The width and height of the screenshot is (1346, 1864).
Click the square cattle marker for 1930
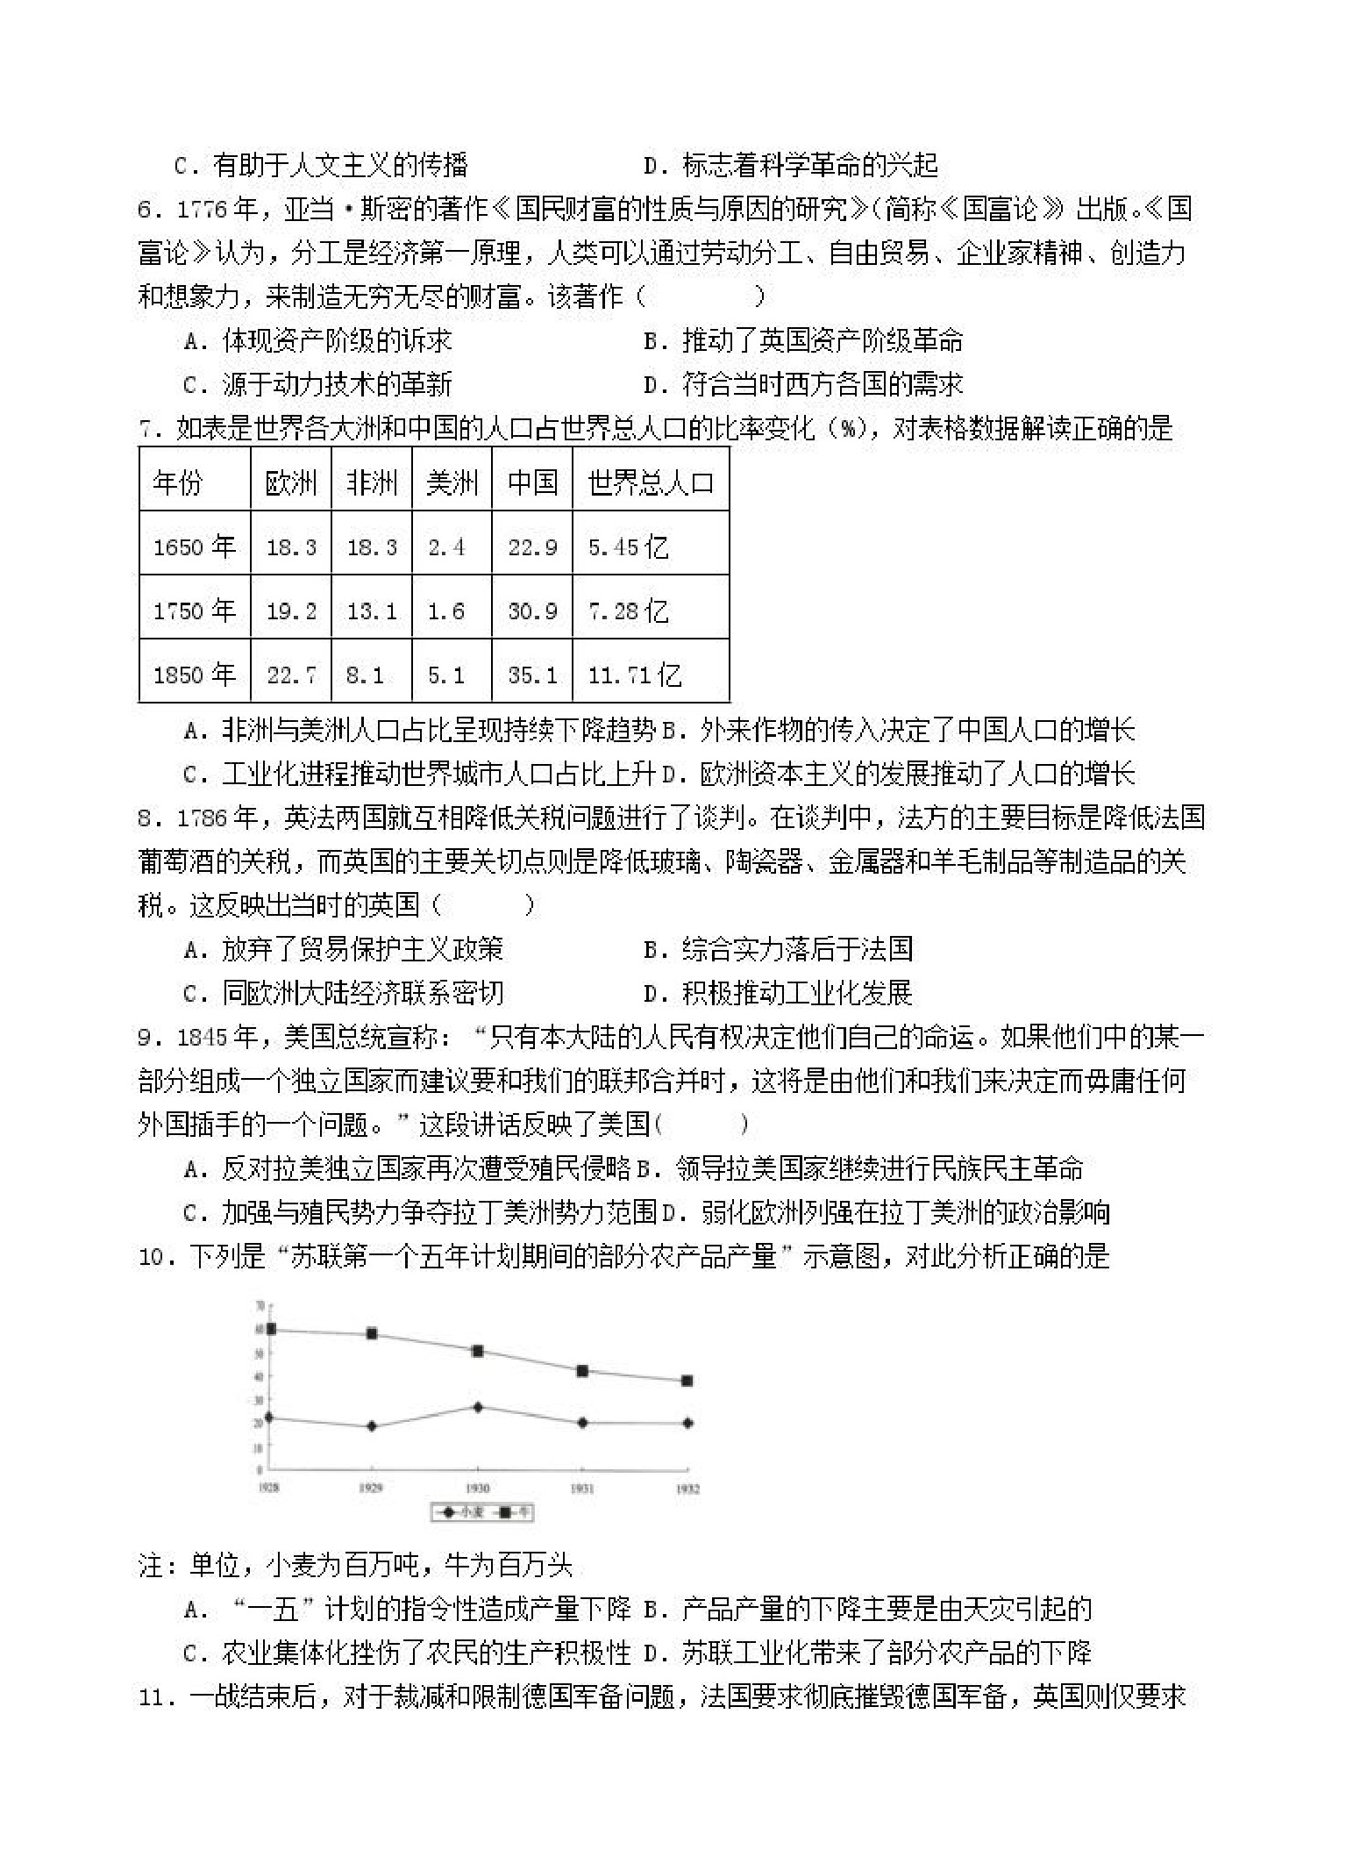(478, 1351)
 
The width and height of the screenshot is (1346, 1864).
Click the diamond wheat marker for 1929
(372, 1426)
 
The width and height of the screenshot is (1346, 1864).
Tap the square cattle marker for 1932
(687, 1381)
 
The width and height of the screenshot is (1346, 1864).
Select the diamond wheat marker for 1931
(582, 1423)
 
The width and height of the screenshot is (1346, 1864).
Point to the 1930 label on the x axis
(477, 1489)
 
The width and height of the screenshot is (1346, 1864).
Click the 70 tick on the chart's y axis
(260, 1306)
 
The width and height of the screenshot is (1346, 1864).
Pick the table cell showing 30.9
(532, 611)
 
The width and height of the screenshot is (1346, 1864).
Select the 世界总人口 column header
(651, 482)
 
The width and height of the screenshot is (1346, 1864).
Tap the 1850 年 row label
(195, 675)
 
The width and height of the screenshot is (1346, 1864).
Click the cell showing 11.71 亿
(634, 675)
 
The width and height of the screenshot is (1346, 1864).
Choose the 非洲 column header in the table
(372, 482)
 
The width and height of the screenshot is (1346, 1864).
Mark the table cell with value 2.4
(446, 547)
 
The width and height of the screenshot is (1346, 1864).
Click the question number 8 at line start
(146, 818)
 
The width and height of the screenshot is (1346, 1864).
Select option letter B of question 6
(652, 341)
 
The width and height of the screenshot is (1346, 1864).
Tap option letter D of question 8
(652, 994)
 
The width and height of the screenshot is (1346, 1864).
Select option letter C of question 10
(193, 1653)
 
